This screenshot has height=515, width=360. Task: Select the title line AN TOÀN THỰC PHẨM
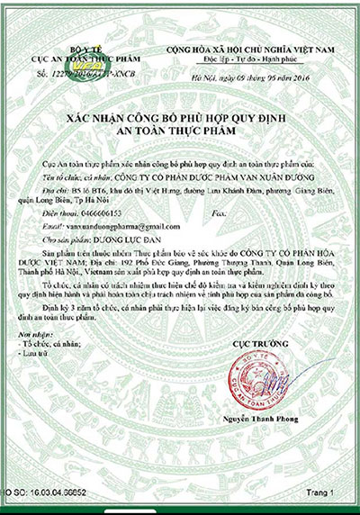tap(180, 131)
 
